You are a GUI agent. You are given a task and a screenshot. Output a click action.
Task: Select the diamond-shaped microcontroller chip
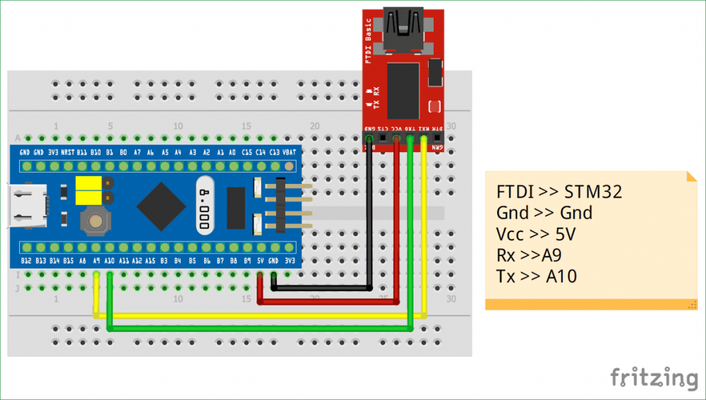161,205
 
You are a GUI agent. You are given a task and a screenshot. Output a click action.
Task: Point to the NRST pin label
68,152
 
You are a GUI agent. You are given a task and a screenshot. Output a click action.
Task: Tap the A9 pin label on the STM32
96,261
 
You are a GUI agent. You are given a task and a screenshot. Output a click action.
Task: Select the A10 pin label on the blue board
110,261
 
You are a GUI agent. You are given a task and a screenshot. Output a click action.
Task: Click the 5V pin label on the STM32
261,261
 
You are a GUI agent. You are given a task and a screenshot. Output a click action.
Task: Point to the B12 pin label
26,261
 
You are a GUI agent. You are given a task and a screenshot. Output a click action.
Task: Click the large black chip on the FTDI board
403,89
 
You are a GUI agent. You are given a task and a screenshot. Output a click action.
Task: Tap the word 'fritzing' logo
654,377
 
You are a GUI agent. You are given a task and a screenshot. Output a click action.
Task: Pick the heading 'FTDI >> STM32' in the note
559,191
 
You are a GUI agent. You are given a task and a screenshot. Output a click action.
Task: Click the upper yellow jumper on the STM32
88,183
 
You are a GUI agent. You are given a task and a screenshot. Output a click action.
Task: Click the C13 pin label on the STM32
275,152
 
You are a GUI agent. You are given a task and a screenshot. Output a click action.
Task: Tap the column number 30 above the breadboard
452,127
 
